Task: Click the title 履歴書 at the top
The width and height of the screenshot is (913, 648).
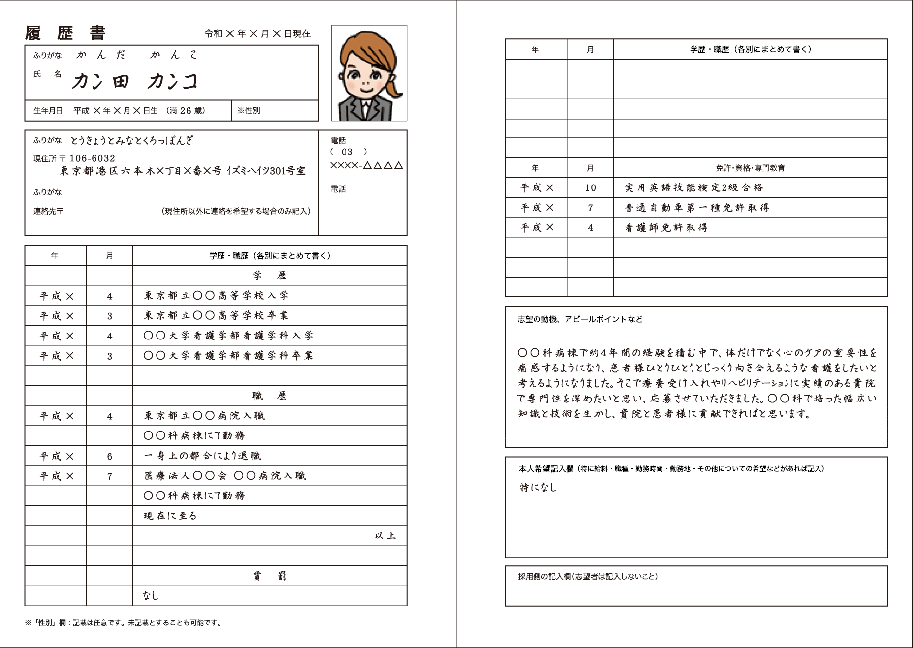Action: [65, 33]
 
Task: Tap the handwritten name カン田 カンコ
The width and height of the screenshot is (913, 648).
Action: [134, 82]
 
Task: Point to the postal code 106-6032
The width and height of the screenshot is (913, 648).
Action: [93, 158]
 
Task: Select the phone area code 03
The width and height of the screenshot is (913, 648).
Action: [347, 152]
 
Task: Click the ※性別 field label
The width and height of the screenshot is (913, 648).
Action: [249, 111]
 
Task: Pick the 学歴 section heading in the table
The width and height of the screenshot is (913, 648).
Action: [270, 276]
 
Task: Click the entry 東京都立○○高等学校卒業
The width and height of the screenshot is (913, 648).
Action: [216, 315]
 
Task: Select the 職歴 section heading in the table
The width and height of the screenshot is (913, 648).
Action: [270, 396]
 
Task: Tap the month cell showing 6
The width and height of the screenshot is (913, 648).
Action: [110, 456]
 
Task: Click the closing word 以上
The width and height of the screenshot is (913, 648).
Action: [385, 536]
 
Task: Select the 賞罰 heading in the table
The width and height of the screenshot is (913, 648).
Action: [270, 576]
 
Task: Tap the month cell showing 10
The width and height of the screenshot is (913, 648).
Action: [590, 187]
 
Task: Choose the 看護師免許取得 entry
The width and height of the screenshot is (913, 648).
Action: [666, 228]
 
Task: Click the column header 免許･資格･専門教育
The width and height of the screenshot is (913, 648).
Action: [750, 168]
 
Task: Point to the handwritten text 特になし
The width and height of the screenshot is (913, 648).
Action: [538, 487]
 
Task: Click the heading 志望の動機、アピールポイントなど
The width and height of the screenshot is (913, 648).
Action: [580, 319]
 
